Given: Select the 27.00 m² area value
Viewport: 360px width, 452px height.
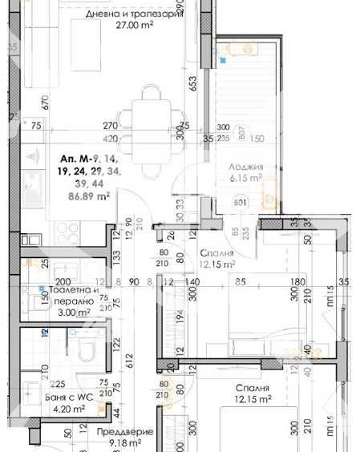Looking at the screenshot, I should point(135,25).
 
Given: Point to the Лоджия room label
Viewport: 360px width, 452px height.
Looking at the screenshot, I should point(240,167).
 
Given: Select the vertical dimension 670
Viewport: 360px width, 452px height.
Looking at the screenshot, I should point(47,102).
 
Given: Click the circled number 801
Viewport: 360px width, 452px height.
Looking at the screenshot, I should point(240,203).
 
